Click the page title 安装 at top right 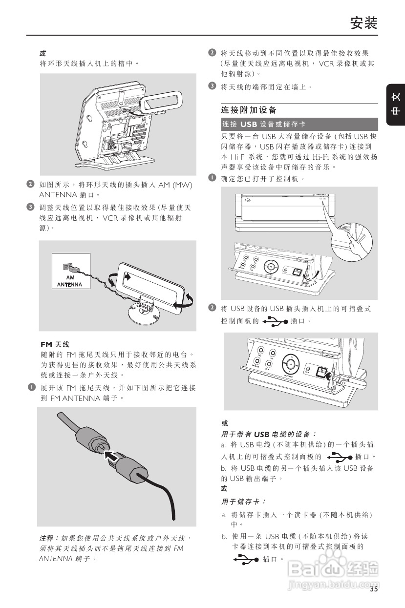tap(364, 23)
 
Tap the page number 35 tap(374, 589)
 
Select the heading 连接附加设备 tap(249, 110)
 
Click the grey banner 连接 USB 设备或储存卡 tap(299, 124)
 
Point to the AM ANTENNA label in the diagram tap(70, 281)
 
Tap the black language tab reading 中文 tap(396, 105)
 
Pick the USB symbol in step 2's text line tap(275, 321)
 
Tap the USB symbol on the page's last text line tap(246, 559)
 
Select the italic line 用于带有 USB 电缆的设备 tap(269, 434)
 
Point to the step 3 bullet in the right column tap(212, 86)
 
